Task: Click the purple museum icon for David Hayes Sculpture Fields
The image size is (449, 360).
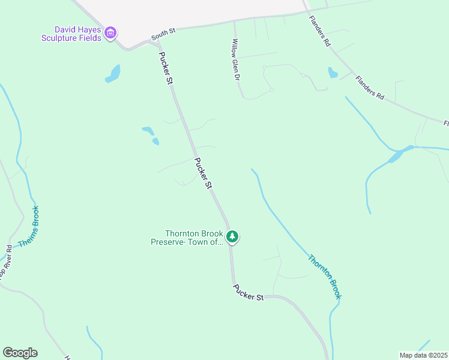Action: [110, 33]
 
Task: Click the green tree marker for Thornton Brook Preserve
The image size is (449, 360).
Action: [233, 238]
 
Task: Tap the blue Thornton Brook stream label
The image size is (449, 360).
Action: [325, 277]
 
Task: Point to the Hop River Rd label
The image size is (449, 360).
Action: [5, 262]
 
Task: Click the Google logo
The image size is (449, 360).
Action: [20, 353]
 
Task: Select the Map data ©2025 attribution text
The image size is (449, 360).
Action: [423, 355]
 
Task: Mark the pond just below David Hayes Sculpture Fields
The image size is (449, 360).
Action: [113, 74]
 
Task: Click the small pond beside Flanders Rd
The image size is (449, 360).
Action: [333, 73]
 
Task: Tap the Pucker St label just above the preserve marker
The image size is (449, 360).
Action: [203, 173]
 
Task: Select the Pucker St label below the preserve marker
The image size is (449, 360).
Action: [249, 293]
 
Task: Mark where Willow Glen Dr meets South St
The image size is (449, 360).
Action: [234, 22]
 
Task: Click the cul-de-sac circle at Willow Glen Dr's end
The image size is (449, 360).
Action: [272, 90]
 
